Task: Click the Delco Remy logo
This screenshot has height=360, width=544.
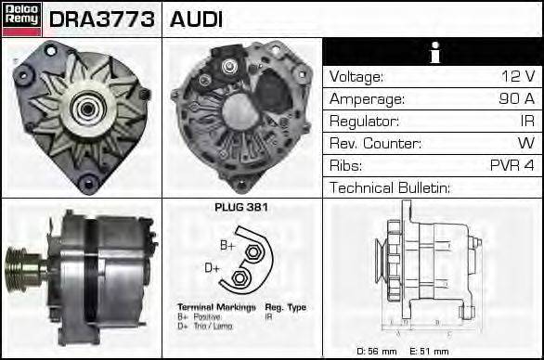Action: [x=20, y=19]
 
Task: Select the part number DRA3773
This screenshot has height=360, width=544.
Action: [x=102, y=19]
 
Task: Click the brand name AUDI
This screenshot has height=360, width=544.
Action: [x=197, y=19]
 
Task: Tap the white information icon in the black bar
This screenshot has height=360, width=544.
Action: [x=433, y=52]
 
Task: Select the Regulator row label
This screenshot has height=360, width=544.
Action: [x=365, y=122]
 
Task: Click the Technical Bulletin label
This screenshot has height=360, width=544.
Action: [x=390, y=188]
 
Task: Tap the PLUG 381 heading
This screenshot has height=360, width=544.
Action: [x=241, y=208]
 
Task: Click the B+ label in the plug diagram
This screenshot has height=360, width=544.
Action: [x=227, y=245]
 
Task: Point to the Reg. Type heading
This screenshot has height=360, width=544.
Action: [x=286, y=306]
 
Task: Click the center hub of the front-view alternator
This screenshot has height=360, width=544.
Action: [x=84, y=109]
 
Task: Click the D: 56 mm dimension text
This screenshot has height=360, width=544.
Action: [x=377, y=351]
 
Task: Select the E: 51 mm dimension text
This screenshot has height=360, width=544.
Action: [x=428, y=351]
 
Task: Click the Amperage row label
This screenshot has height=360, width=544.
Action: [x=369, y=99]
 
